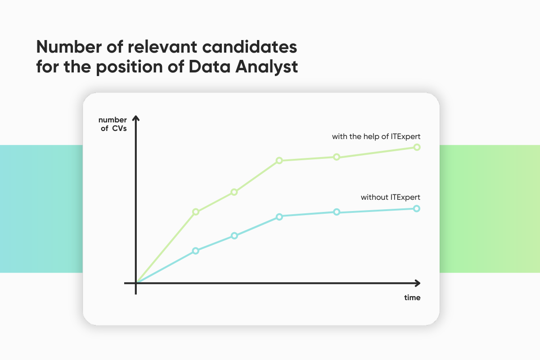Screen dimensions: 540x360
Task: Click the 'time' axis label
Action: click(412, 297)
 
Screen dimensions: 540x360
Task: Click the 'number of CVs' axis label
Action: click(112, 124)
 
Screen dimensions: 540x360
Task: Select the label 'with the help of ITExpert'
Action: click(376, 137)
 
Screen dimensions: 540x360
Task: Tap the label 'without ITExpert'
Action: click(391, 198)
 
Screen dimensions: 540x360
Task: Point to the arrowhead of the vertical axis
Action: click(136, 118)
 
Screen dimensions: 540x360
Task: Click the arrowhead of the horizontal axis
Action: click(418, 283)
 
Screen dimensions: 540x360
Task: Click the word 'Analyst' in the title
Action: click(266, 67)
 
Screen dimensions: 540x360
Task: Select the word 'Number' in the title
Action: click(69, 47)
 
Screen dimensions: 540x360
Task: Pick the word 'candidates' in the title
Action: click(249, 47)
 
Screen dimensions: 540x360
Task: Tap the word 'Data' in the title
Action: click(210, 67)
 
